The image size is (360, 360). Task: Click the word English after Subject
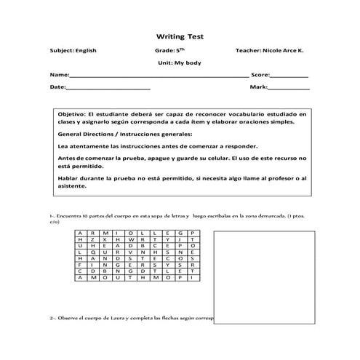85,51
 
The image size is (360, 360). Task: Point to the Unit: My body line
179,63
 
